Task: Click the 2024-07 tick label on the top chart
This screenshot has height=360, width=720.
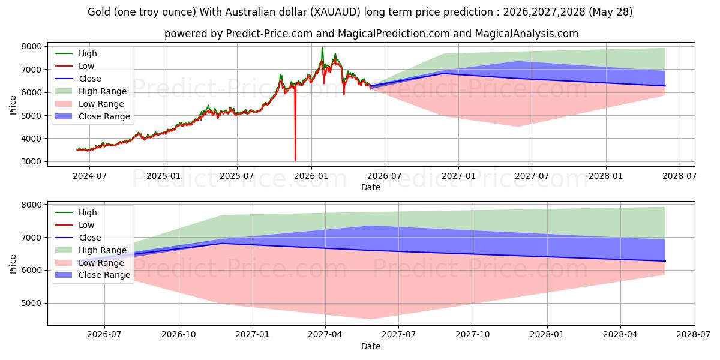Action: click(89, 176)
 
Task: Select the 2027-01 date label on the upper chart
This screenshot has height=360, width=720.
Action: click(458, 176)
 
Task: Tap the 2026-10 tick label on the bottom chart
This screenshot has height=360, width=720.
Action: click(179, 335)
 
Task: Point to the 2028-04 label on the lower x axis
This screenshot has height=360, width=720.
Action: click(620, 335)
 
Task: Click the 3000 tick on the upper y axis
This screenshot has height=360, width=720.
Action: click(31, 161)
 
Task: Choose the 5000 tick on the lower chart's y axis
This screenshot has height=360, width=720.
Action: click(31, 303)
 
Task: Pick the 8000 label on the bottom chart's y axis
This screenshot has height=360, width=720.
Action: click(31, 205)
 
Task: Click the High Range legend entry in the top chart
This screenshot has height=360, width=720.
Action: click(91, 91)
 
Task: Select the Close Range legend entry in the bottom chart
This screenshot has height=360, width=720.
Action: click(92, 275)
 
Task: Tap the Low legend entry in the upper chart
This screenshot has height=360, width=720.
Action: click(74, 66)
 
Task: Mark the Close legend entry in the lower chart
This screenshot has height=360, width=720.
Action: click(78, 238)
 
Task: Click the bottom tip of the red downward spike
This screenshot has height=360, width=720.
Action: click(295, 160)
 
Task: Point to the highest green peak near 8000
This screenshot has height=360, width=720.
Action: click(322, 48)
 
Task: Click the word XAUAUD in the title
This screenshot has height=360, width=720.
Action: click(335, 12)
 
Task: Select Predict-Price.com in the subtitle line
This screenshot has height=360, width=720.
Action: click(269, 34)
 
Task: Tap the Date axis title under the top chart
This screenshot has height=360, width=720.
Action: click(371, 187)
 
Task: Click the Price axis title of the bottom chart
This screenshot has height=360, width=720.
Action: click(13, 264)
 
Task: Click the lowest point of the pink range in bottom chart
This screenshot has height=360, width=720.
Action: click(371, 319)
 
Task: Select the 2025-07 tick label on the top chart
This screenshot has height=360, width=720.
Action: click(237, 176)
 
